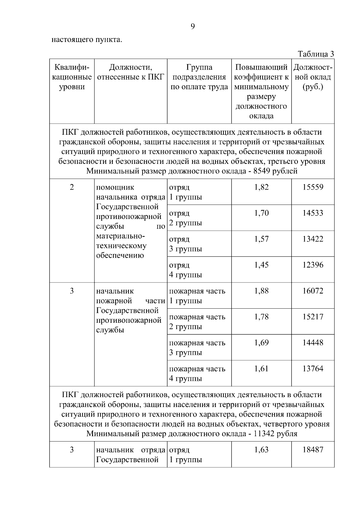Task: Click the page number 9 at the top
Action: (193, 27)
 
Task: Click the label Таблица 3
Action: (316, 54)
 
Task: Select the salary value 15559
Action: (313, 187)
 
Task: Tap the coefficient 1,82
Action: (261, 187)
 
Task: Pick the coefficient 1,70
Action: (261, 213)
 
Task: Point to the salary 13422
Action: (313, 239)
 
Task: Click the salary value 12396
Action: (313, 265)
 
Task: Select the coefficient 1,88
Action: (261, 291)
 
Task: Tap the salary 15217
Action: (313, 317)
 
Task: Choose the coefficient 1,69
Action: (261, 343)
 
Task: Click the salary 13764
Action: (313, 368)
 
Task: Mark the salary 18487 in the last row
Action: (313, 450)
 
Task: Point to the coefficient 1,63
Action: (261, 450)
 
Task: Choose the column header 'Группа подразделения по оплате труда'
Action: (199, 77)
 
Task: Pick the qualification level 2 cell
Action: (72, 187)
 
